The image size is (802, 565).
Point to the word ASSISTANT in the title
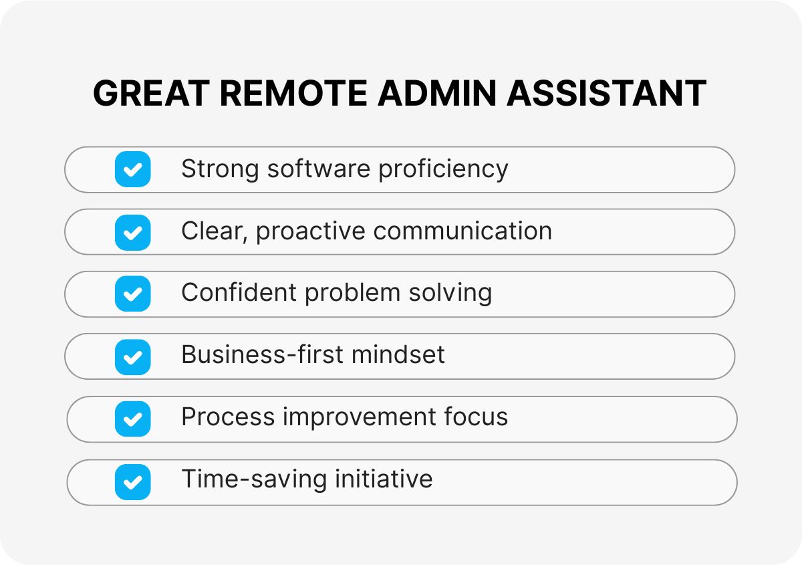click(x=606, y=93)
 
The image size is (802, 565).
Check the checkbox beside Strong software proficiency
click(x=132, y=169)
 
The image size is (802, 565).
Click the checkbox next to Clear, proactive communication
click(x=132, y=232)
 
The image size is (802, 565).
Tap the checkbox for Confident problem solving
click(x=132, y=294)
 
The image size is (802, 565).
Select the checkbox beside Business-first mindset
click(x=132, y=356)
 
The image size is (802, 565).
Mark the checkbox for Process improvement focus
click(x=132, y=419)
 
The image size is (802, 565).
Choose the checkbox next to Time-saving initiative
click(x=132, y=481)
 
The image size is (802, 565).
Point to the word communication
click(x=462, y=231)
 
